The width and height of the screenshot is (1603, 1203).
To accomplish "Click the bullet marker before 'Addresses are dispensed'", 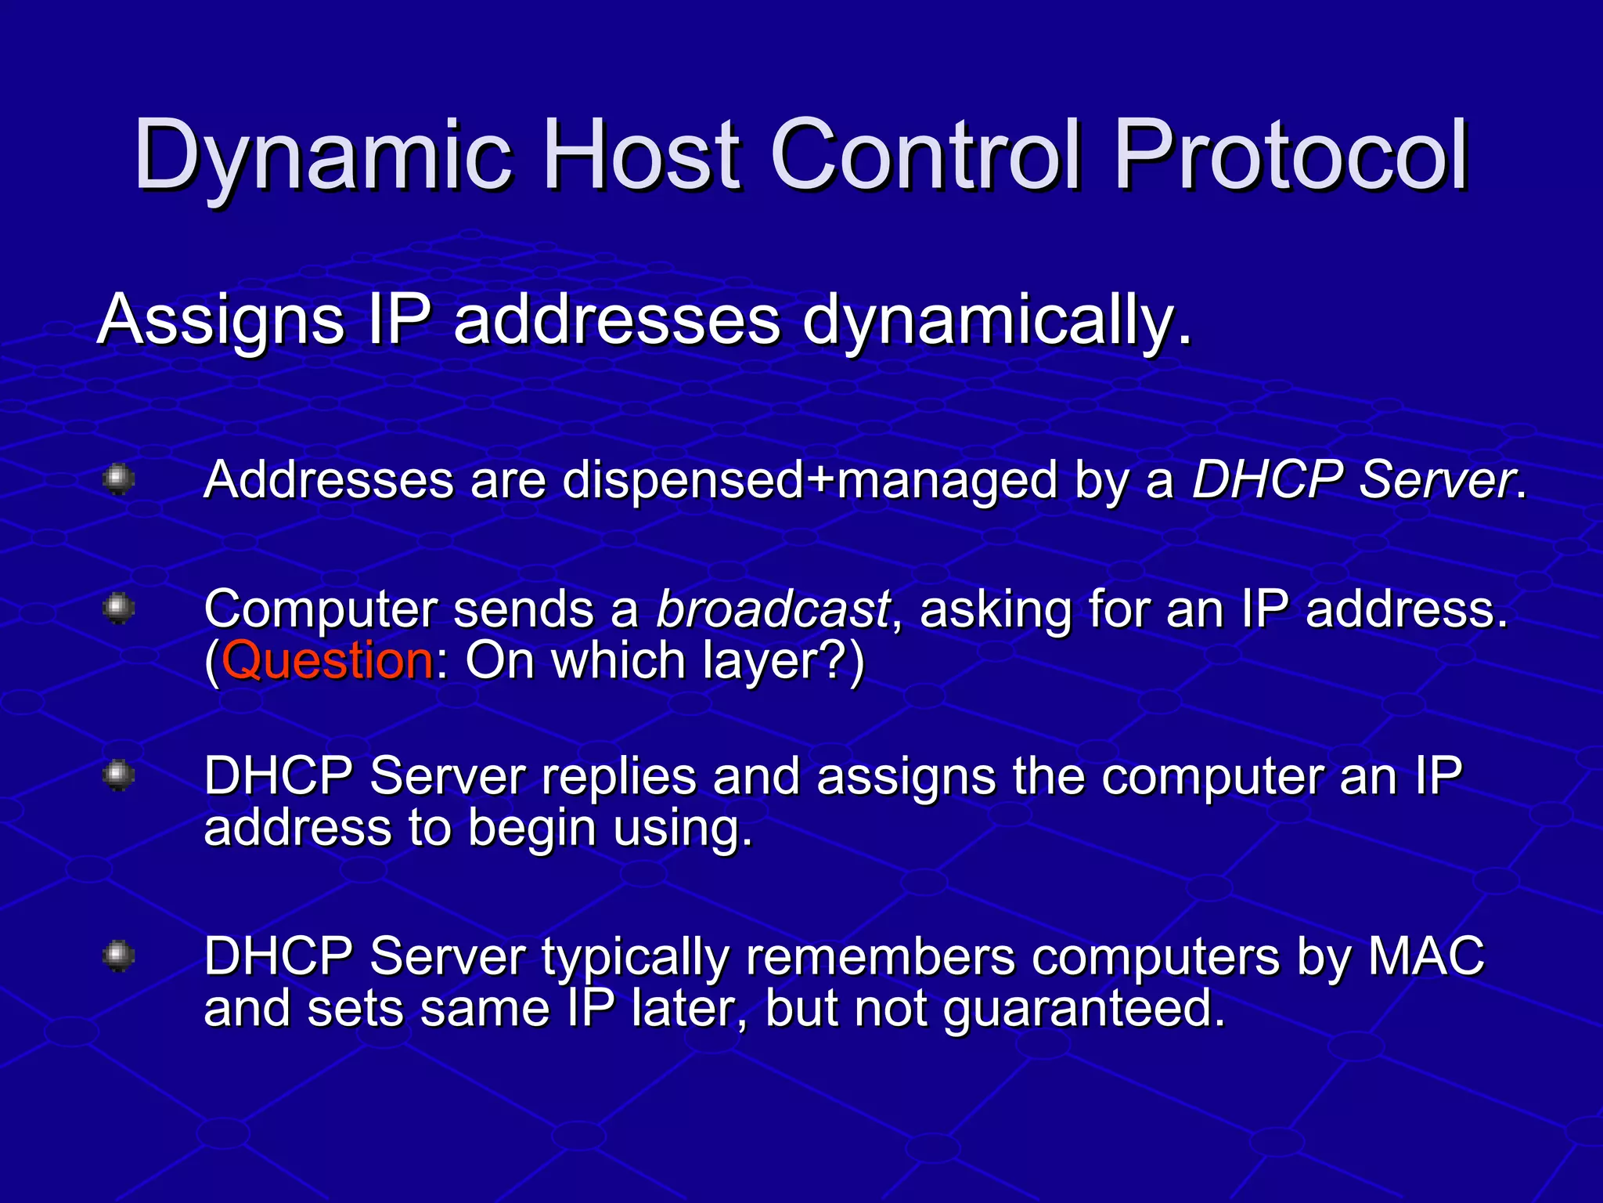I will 119,479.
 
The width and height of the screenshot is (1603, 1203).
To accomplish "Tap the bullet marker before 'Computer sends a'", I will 119,608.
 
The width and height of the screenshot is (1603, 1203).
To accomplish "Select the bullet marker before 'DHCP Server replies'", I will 119,775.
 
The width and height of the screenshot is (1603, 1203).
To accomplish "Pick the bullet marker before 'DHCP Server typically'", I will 119,956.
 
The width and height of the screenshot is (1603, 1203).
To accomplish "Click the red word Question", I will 327,660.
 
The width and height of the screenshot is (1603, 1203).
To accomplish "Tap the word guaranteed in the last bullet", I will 1084,1009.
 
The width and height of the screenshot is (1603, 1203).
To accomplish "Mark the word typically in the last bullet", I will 635,957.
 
